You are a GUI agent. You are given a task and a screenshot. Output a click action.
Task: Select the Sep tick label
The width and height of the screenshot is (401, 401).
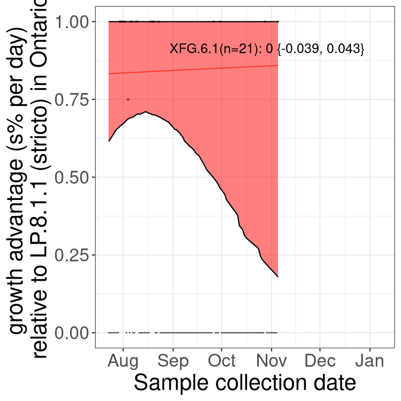(173, 361)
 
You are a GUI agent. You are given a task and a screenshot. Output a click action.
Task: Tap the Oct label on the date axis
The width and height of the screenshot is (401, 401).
(221, 361)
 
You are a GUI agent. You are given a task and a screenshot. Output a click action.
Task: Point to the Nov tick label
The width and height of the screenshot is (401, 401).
(271, 361)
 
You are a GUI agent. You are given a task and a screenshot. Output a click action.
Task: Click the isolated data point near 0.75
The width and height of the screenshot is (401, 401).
(128, 99)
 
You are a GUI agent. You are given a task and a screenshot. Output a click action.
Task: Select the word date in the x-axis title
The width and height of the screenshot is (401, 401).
(335, 383)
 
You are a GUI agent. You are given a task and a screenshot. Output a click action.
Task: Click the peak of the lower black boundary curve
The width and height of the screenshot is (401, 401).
(145, 112)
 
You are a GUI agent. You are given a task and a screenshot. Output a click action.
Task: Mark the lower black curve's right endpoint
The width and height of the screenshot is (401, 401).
(278, 276)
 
